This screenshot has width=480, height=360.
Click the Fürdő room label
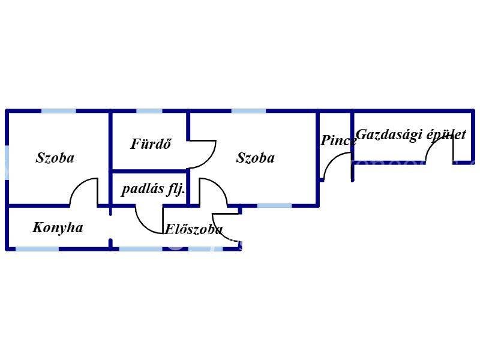tap(151, 144)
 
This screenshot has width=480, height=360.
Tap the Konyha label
tap(58, 227)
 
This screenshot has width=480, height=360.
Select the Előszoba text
tap(193, 229)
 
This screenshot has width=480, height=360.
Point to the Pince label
tap(338, 140)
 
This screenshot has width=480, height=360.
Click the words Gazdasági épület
tap(411, 134)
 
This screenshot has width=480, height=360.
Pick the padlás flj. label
tap(153, 189)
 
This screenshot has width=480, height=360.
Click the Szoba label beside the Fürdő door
tap(256, 158)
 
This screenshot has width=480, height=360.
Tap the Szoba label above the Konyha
tap(55, 158)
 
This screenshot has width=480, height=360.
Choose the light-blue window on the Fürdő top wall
tap(149, 111)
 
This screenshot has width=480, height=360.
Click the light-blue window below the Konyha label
tap(37, 249)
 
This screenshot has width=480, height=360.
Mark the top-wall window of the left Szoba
tap(58, 111)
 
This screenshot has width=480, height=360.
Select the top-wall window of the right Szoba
tap(248, 111)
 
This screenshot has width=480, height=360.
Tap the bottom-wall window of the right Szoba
tap(275, 206)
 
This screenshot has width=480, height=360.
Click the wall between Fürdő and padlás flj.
tap(149, 171)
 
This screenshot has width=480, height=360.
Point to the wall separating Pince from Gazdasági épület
tap(352, 146)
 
